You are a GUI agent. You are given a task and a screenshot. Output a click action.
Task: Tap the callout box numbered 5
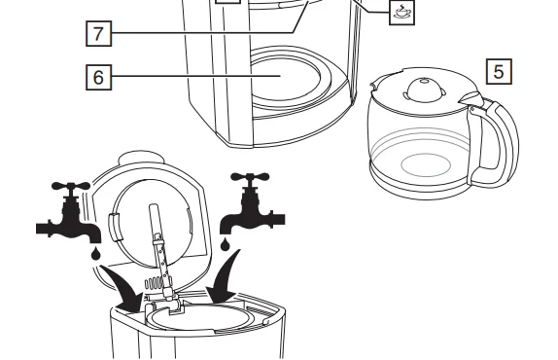pyautogui.click(x=497, y=71)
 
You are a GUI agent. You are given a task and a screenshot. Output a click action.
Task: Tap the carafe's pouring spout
pyautogui.click(x=470, y=97)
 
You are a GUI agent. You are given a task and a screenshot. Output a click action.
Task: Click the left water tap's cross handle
pyautogui.click(x=72, y=188)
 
